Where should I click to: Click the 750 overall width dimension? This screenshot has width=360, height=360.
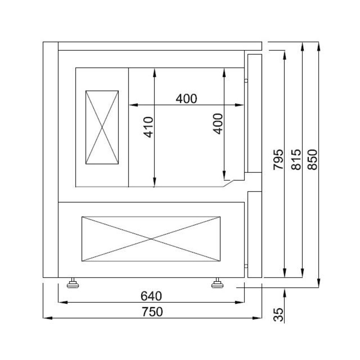[152, 311]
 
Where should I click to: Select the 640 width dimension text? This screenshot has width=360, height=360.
[151, 296]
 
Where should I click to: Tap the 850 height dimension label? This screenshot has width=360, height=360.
[312, 159]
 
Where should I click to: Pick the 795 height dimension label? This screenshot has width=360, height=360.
[278, 159]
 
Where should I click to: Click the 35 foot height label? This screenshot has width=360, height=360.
[278, 314]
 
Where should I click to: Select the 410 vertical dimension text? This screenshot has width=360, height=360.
[149, 127]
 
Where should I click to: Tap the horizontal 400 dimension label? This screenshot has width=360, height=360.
[186, 98]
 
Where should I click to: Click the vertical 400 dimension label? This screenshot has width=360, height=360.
[218, 123]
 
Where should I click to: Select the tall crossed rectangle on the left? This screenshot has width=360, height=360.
[102, 127]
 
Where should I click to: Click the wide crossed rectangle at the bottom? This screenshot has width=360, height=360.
[151, 239]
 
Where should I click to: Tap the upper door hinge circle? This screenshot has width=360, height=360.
[246, 81]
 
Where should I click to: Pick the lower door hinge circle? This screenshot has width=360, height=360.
[246, 266]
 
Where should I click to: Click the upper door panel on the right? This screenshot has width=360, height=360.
[255, 113]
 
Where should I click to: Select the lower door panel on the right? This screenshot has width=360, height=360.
[255, 234]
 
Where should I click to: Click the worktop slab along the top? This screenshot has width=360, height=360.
[159, 46]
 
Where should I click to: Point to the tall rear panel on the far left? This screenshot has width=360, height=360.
[50, 159]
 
